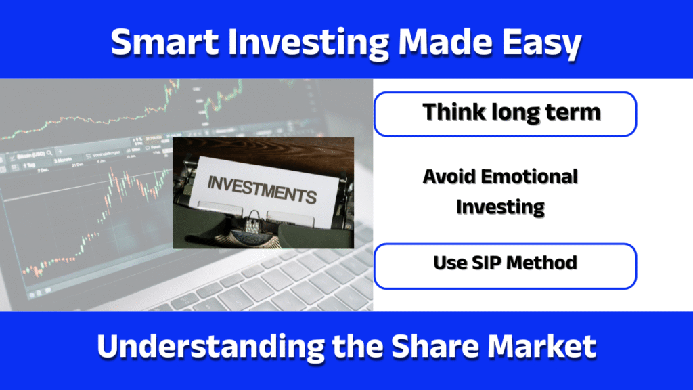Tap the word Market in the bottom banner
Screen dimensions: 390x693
[545, 347]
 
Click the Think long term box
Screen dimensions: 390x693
[505, 114]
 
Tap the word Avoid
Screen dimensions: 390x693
[448, 177]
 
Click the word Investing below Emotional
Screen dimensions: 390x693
[500, 207]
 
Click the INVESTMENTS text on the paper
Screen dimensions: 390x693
[261, 190]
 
